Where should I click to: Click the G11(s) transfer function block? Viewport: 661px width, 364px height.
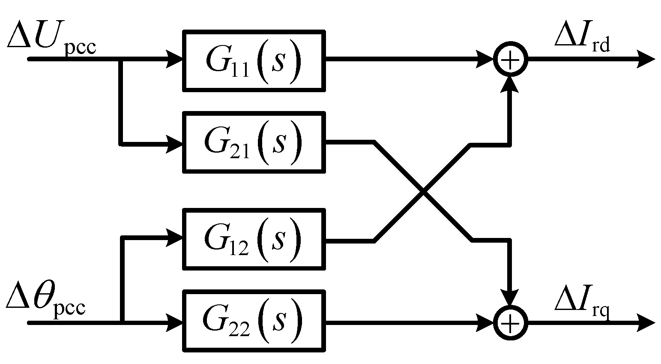[x=254, y=60]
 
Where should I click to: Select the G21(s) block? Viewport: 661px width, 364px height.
[x=254, y=142]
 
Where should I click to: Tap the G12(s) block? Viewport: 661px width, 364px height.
[x=254, y=239]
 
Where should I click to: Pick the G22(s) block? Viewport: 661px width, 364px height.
[x=254, y=321]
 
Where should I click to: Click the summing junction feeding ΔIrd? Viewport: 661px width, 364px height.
[x=509, y=60]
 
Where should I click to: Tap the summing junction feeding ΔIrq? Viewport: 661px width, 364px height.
[x=509, y=322]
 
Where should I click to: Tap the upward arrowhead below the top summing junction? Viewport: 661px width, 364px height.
[x=509, y=84]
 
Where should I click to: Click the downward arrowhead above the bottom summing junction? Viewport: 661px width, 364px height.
[x=509, y=298]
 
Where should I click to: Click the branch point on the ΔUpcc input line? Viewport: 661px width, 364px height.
[x=120, y=60]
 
